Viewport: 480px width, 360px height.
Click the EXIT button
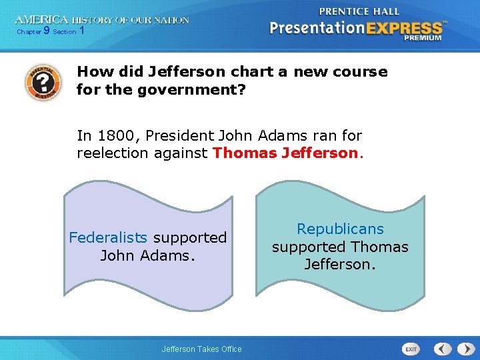click(411, 349)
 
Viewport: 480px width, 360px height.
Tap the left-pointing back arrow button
click(443, 349)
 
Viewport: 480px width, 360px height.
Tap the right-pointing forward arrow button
click(462, 349)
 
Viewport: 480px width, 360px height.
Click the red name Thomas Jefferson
click(285, 153)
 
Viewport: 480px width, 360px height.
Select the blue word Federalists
click(108, 237)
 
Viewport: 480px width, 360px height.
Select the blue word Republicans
click(340, 229)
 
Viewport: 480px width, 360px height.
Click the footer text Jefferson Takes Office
click(202, 349)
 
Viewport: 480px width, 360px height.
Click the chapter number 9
click(46, 31)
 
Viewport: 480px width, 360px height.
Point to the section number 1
click(81, 31)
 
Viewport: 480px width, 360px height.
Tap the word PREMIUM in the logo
click(422, 38)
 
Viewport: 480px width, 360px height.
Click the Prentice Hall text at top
click(359, 11)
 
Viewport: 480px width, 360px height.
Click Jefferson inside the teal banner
click(340, 265)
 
